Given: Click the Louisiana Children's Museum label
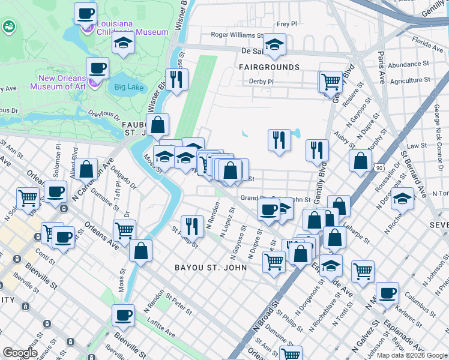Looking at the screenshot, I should click(x=133, y=28).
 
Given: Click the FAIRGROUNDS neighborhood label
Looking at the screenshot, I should click(x=269, y=67).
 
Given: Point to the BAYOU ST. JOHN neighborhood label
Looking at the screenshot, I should click(x=210, y=267).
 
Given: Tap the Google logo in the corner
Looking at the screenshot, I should click(x=20, y=353).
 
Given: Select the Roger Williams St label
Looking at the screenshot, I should click(x=237, y=36).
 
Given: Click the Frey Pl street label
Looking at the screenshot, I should click(x=287, y=25).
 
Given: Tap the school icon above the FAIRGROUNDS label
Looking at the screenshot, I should click(x=274, y=44).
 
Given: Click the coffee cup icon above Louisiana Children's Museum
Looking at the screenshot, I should click(x=85, y=13).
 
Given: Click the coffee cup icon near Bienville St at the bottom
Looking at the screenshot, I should click(x=124, y=314).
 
